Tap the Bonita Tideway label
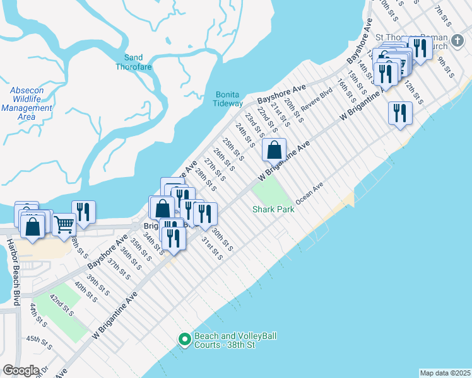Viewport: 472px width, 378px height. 227,99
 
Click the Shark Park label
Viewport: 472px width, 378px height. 273,209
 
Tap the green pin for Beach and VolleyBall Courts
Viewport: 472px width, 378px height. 184,340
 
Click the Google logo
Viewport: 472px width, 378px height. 21,370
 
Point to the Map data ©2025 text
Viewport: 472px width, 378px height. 445,373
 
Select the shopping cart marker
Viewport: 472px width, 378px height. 64,224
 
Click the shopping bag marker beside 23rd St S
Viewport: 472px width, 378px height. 274,151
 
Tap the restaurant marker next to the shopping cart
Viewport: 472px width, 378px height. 83,212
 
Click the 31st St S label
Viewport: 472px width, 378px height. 212,248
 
